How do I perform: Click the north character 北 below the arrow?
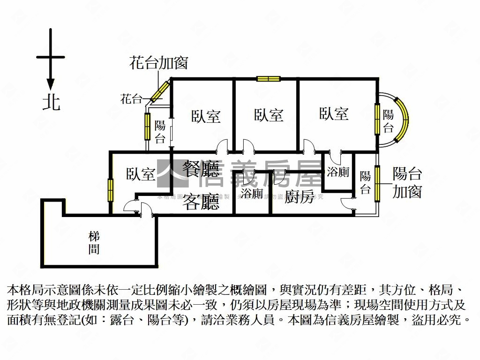[x=51, y=102]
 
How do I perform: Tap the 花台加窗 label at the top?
[x=158, y=63]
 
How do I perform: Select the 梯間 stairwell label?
[x=94, y=242]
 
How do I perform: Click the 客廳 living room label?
[x=201, y=202]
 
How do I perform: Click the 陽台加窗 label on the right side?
[x=407, y=182]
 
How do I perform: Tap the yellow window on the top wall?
[x=268, y=78]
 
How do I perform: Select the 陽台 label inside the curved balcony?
[x=388, y=121]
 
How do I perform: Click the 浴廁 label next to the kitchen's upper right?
[x=338, y=172]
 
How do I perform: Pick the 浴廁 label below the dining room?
[x=252, y=193]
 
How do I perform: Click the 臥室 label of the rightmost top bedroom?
[x=334, y=114]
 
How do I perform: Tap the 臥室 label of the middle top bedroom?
[x=269, y=115]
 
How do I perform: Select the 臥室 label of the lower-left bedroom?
[x=141, y=174]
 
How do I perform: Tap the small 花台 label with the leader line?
[x=131, y=99]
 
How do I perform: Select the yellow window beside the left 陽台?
[x=147, y=127]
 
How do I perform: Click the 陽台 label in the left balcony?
[x=160, y=132]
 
